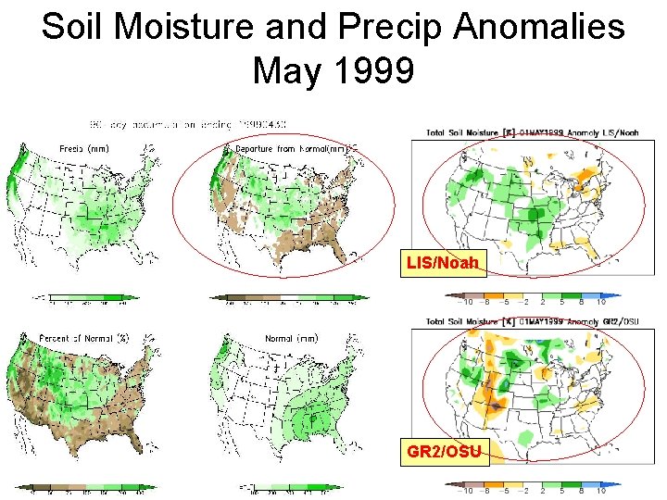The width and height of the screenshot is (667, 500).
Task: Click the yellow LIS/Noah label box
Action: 443,264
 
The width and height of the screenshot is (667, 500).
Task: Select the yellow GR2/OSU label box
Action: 442,453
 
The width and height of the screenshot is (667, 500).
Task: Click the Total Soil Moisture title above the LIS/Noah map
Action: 533,132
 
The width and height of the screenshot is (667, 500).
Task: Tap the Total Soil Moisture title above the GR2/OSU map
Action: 533,321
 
